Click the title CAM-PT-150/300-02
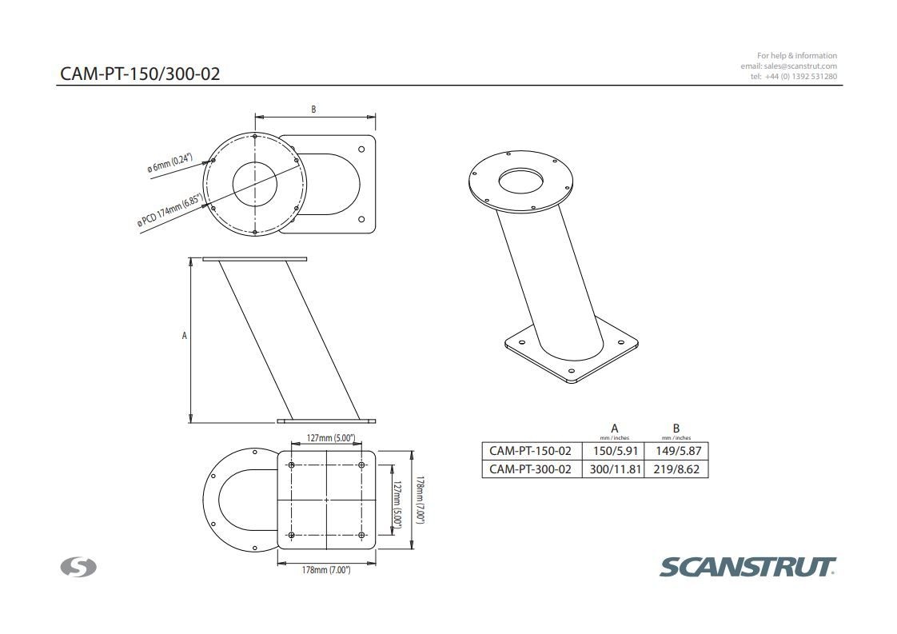coord(140,74)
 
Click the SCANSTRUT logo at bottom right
coord(747,567)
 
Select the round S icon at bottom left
coord(78,568)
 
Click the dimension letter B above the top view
coord(313,110)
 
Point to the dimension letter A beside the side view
coord(184,336)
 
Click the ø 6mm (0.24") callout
coord(169,163)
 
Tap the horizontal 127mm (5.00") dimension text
coord(330,438)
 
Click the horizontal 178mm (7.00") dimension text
coord(325,570)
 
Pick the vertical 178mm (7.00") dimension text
coord(419,500)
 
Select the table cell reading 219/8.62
coord(676,469)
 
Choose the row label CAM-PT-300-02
coord(530,469)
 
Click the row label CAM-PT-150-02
coord(530,451)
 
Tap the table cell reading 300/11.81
coord(614,469)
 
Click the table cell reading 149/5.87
coord(676,451)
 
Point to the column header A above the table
coord(614,429)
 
